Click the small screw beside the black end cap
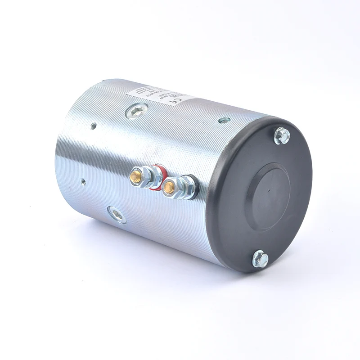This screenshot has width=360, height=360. [x=224, y=120]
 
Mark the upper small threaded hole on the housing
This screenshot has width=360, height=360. [x=93, y=126]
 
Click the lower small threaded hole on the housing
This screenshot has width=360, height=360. [x=83, y=182]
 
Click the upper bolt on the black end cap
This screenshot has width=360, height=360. [x=282, y=135]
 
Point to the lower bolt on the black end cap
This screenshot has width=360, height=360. [x=260, y=259]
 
